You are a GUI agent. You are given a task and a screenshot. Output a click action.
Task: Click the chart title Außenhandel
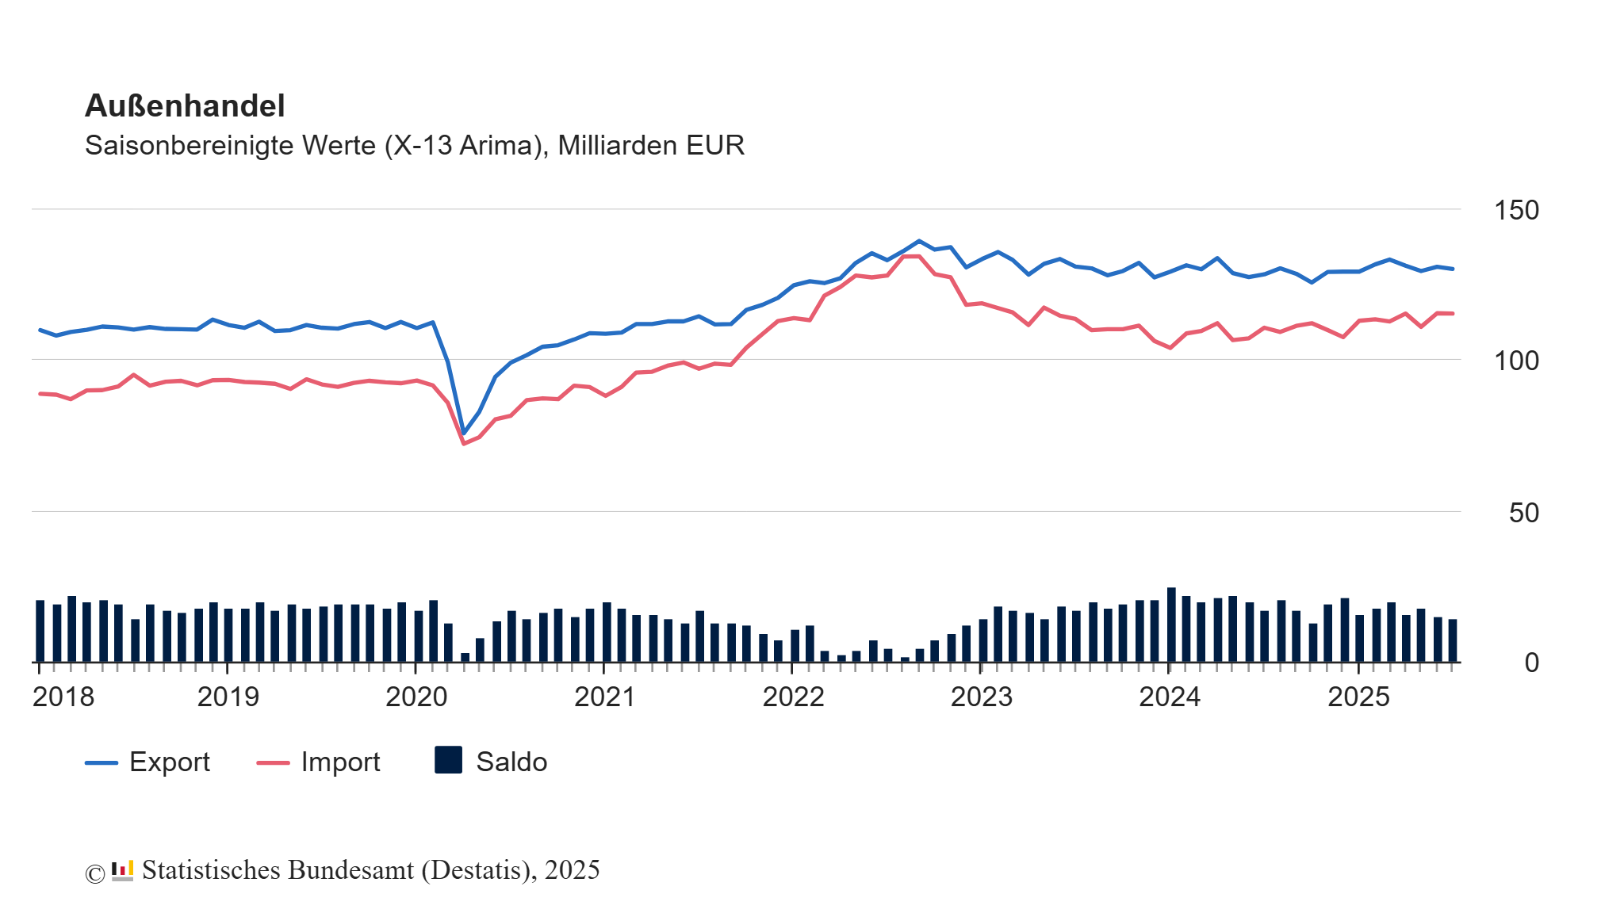coord(185,106)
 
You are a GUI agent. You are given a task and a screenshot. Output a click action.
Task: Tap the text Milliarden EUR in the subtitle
coord(651,146)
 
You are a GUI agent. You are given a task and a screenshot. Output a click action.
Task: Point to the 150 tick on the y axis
coord(1515,211)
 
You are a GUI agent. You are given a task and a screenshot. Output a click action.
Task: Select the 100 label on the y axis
coord(1515,361)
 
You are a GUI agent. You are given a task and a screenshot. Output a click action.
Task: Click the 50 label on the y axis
coord(1523,514)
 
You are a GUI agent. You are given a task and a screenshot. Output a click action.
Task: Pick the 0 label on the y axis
coord(1531,663)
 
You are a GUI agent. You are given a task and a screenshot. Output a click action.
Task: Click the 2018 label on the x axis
coord(63,697)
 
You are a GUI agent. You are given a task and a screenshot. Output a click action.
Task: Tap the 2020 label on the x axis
coord(416,697)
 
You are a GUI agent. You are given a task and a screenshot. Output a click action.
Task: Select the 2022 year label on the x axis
coord(793,697)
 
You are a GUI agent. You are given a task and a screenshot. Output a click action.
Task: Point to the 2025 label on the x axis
coord(1358,697)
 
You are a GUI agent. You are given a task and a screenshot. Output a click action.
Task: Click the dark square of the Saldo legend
coord(449,760)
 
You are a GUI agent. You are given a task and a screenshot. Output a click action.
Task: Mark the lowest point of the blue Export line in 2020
coord(464,434)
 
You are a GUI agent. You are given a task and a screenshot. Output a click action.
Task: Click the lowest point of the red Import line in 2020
coord(464,443)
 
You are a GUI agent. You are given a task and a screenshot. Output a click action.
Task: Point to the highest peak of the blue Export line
coord(919,241)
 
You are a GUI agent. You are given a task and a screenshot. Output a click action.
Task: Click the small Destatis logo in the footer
coord(122,871)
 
